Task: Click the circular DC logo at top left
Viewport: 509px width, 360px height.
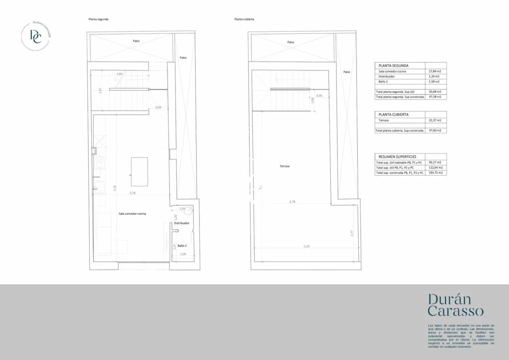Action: coord(36,36)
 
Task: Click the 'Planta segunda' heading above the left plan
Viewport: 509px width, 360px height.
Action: coord(99,19)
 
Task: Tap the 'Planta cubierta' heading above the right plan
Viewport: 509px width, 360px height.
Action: coord(244,19)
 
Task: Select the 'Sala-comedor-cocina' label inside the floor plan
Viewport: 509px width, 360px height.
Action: coord(132,214)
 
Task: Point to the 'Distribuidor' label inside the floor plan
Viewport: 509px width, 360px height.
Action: coord(182,223)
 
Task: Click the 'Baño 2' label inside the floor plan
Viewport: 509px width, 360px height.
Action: coord(182,246)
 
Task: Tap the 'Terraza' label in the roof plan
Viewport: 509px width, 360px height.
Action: coord(285,166)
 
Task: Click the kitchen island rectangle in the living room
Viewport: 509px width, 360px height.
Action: coord(139,172)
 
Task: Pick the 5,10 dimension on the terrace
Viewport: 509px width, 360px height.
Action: coord(306,247)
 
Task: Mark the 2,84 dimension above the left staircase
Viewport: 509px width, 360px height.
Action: coord(119,74)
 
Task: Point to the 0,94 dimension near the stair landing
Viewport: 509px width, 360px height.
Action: coord(158,107)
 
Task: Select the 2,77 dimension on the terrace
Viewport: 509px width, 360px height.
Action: coord(352,233)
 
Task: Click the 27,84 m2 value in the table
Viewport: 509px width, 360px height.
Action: coord(435,72)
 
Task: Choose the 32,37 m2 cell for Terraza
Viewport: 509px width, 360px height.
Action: coord(435,120)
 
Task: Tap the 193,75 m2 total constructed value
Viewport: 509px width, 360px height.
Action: coord(436,173)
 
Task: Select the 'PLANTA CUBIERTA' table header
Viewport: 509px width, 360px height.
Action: coord(393,115)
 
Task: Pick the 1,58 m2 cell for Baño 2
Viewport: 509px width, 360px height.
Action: coord(434,82)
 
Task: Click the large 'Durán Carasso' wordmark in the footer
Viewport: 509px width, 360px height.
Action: coord(456,305)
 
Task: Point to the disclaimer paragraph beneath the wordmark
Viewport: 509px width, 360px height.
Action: coord(461,336)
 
